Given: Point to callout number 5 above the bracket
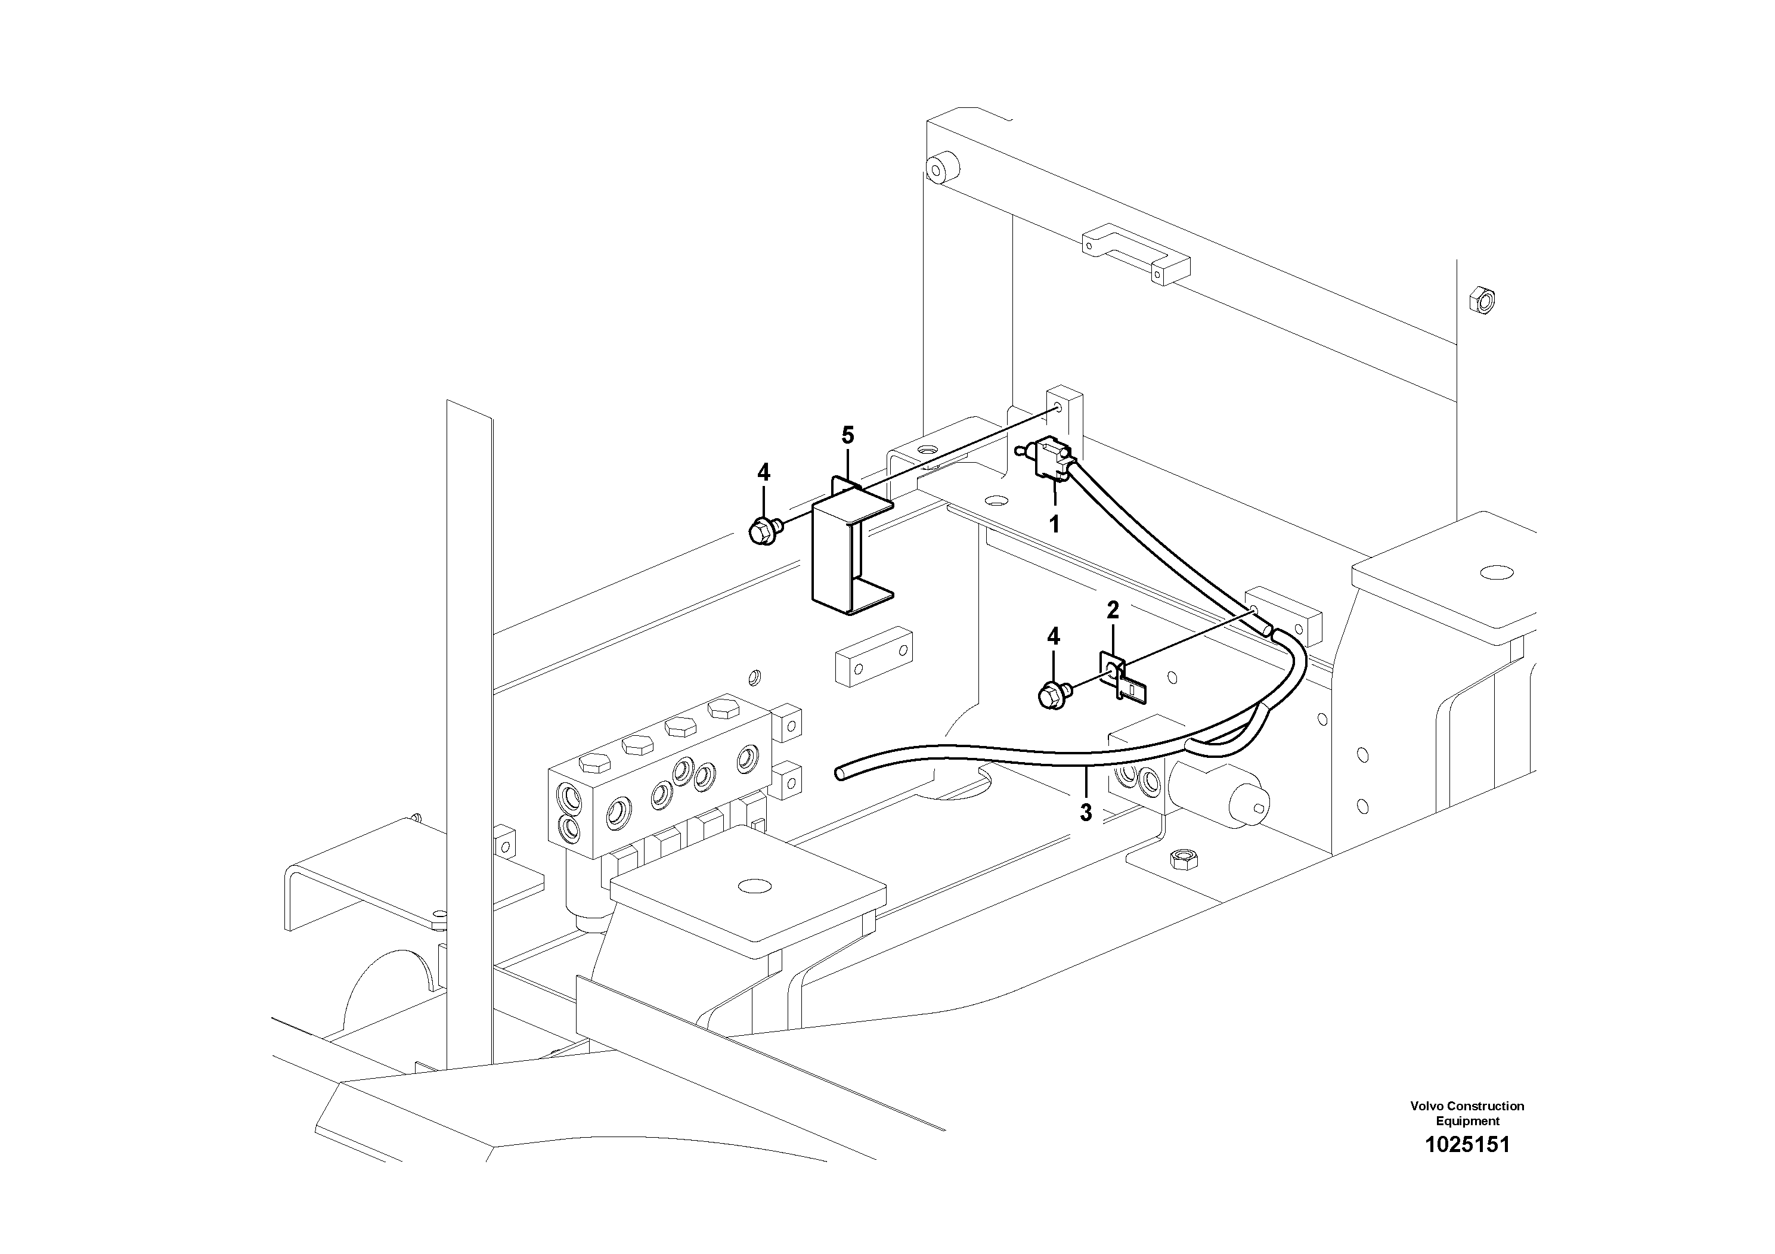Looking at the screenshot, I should pos(848,435).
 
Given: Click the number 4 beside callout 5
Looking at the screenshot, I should pos(763,472).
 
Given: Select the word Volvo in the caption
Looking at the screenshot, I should pos(1427,1106).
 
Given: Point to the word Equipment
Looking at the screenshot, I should pos(1467,1121).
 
